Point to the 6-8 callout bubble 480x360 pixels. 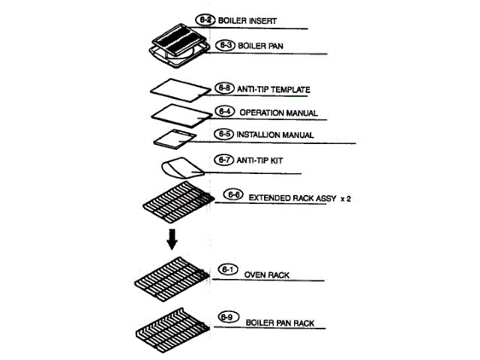224,88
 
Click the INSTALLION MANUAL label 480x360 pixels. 274,135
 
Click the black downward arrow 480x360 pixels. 172,239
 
